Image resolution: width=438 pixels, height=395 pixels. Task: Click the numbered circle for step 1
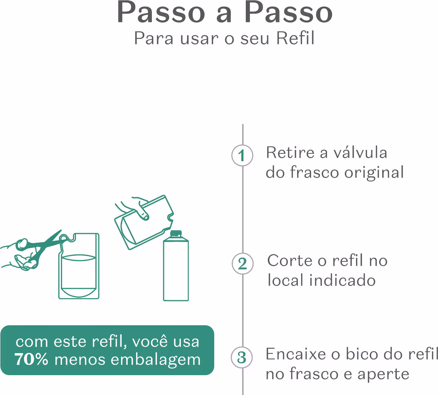242,156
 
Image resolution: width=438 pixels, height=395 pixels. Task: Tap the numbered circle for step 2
242,264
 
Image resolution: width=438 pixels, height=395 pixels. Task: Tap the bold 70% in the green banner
32,359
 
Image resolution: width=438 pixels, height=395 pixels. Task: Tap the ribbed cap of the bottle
176,233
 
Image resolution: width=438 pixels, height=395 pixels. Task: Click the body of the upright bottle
176,272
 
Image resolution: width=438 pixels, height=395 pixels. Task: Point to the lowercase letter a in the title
225,13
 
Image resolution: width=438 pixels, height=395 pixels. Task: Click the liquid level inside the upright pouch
79,256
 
